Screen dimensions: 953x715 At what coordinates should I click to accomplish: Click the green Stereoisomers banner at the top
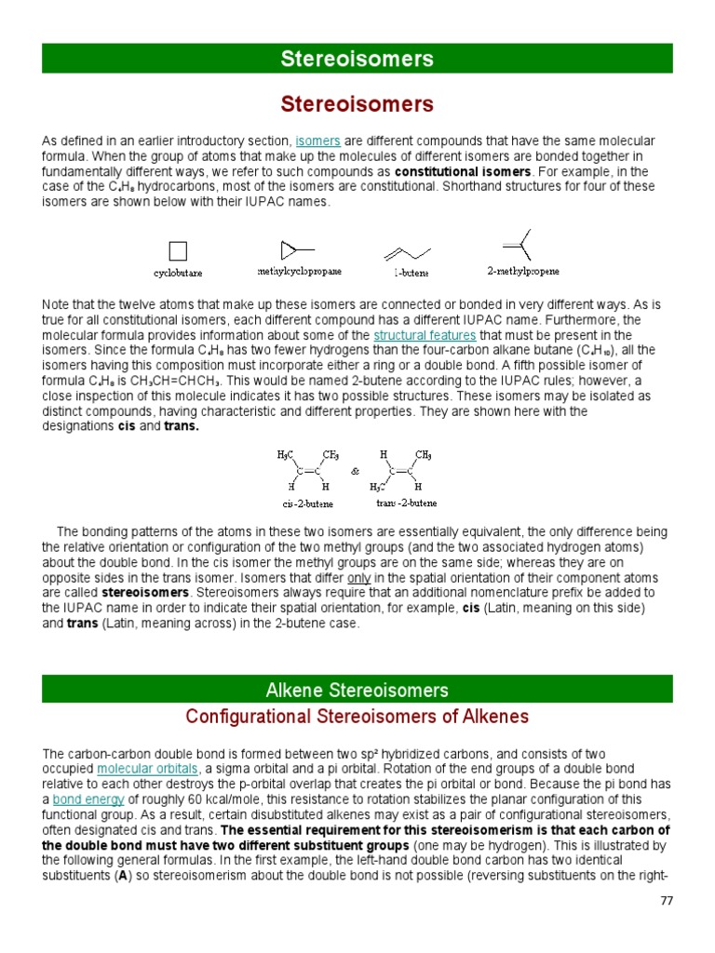pyautogui.click(x=357, y=59)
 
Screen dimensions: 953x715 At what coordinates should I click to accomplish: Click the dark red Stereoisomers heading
pyautogui.click(x=357, y=102)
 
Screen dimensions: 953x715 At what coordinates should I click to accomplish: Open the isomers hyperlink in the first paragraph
pyautogui.click(x=317, y=141)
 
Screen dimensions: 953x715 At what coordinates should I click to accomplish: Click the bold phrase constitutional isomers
pyautogui.click(x=463, y=172)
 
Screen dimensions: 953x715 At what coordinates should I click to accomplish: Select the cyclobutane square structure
pyautogui.click(x=178, y=251)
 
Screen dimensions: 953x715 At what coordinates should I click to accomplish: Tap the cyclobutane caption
pyautogui.click(x=178, y=274)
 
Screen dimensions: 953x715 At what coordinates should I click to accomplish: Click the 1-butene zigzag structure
pyautogui.click(x=408, y=252)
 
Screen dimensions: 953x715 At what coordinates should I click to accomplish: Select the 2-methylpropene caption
pyautogui.click(x=523, y=272)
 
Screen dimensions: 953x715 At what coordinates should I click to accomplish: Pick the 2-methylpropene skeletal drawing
pyautogui.click(x=519, y=244)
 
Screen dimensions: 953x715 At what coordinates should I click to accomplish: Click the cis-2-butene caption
pyautogui.click(x=307, y=503)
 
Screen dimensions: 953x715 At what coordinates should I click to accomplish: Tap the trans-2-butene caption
pyautogui.click(x=407, y=503)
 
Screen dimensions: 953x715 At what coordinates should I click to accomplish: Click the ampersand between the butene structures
pyautogui.click(x=355, y=472)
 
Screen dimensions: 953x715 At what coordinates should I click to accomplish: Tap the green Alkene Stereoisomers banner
pyautogui.click(x=357, y=690)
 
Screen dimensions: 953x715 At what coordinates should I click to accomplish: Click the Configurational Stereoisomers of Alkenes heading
pyautogui.click(x=357, y=717)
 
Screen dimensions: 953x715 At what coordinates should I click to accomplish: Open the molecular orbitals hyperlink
pyautogui.click(x=147, y=769)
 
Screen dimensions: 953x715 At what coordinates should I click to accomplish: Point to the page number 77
pyautogui.click(x=666, y=901)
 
